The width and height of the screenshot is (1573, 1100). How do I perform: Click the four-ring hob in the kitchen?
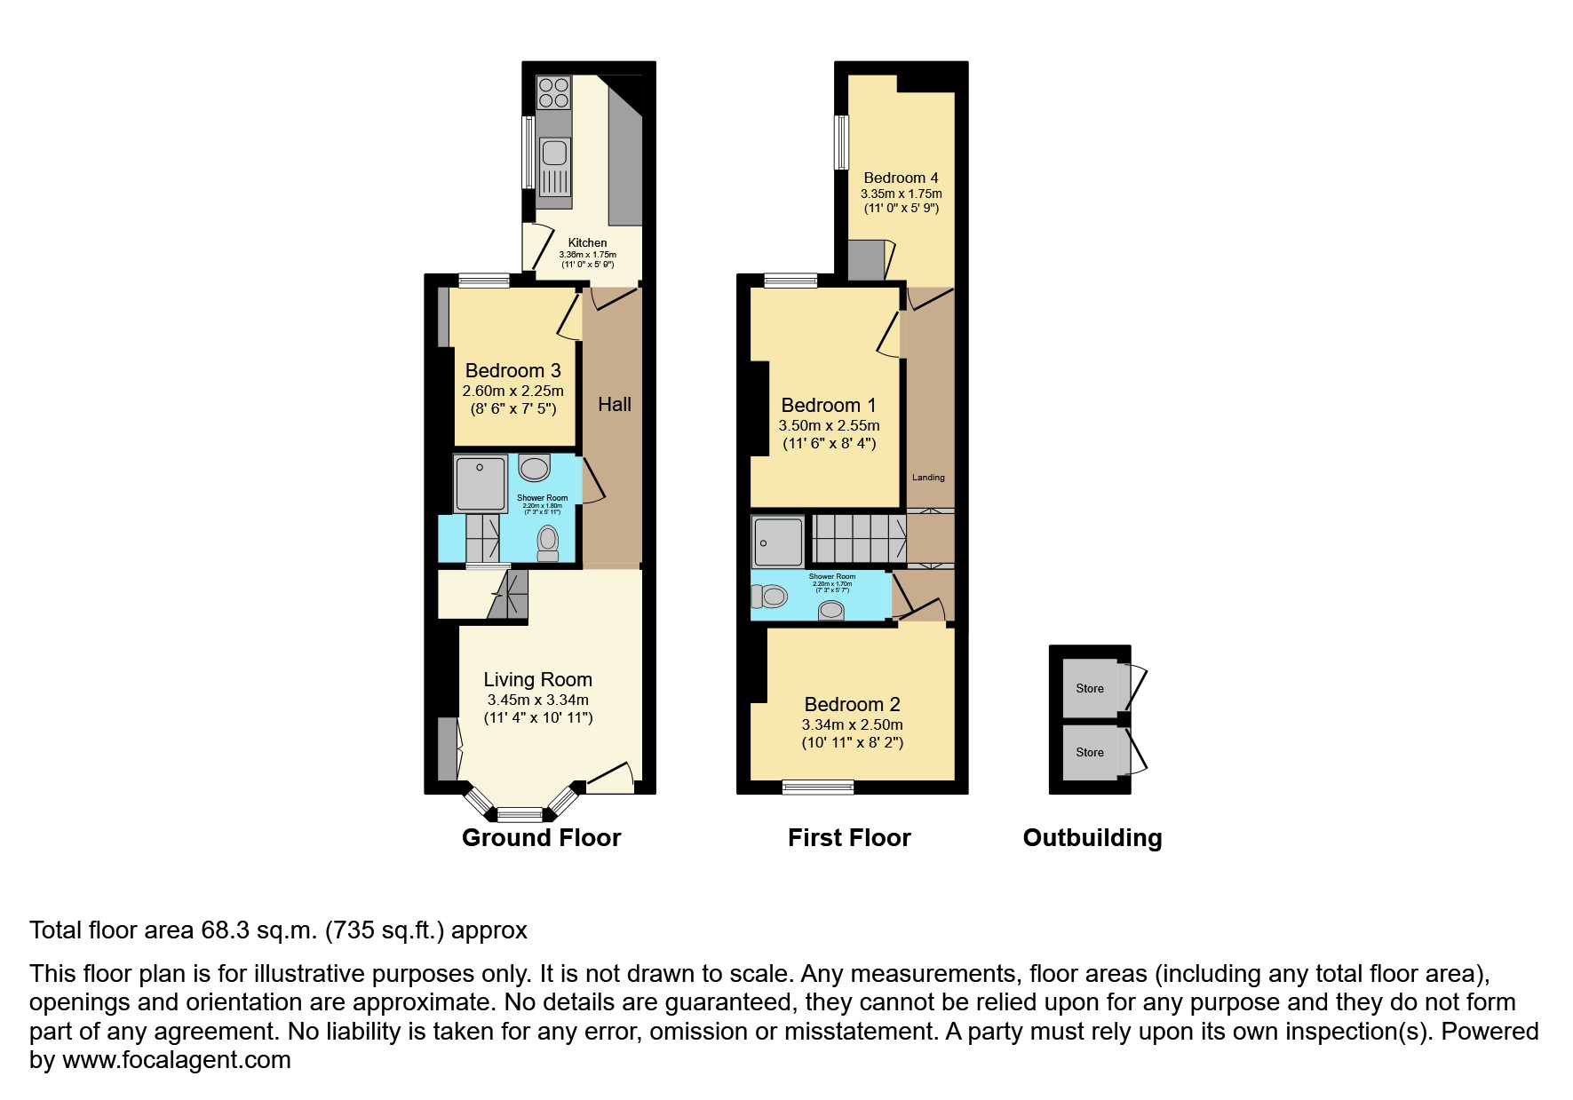[553, 92]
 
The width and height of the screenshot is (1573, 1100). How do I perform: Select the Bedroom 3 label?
[512, 370]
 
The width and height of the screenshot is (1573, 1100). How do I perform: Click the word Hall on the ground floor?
[614, 405]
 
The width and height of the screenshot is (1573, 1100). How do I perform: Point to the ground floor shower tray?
[481, 484]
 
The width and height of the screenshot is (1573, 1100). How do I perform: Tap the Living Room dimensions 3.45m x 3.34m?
[537, 700]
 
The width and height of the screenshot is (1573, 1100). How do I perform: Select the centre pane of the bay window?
[520, 814]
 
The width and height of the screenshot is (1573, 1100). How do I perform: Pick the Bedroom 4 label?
[901, 178]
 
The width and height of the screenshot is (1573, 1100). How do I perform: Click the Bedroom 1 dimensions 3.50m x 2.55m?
[829, 425]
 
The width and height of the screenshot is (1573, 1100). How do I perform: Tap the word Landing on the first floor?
[929, 478]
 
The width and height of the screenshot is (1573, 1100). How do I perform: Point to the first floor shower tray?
[778, 541]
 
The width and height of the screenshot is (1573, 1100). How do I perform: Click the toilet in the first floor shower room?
[769, 597]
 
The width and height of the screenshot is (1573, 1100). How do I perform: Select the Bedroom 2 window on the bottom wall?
[818, 787]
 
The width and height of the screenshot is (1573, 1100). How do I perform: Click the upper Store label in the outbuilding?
[1090, 688]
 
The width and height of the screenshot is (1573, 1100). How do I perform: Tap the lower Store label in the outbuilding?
[1090, 752]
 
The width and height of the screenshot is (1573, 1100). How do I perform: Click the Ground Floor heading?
[541, 838]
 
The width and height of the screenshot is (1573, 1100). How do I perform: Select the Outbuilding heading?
[1092, 838]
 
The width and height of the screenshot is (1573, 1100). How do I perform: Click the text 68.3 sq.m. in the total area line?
[258, 930]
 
